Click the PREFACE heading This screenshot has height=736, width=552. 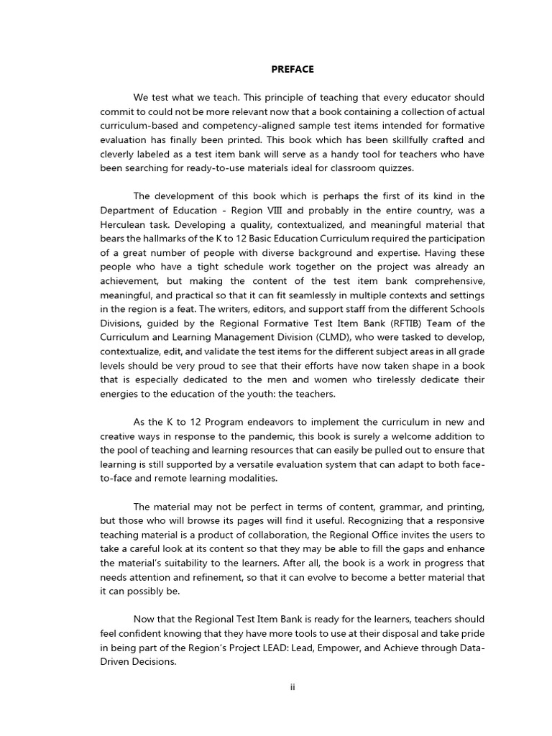click(x=293, y=70)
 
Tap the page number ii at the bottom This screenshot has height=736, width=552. click(x=293, y=686)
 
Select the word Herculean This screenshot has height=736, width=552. click(x=129, y=224)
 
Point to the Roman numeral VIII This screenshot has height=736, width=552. click(x=278, y=210)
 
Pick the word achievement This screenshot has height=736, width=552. click(x=129, y=280)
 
